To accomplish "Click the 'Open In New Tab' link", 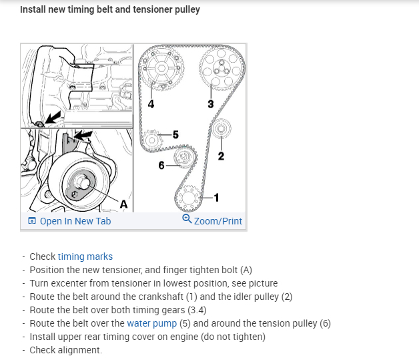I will [x=75, y=221].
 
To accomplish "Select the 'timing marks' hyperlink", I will [x=85, y=256].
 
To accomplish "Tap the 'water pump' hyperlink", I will [x=151, y=323].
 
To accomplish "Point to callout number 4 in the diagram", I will [x=151, y=104].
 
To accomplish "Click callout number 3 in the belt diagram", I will [x=211, y=104].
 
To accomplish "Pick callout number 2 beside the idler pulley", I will [x=221, y=157].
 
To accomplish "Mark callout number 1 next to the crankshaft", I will [x=216, y=197].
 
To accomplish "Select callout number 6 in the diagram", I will [x=161, y=164].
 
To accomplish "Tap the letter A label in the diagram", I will [x=123, y=203].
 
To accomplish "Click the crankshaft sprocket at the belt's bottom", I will [x=188, y=198].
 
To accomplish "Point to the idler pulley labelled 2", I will [x=222, y=128].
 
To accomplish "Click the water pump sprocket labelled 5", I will [x=151, y=140].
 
